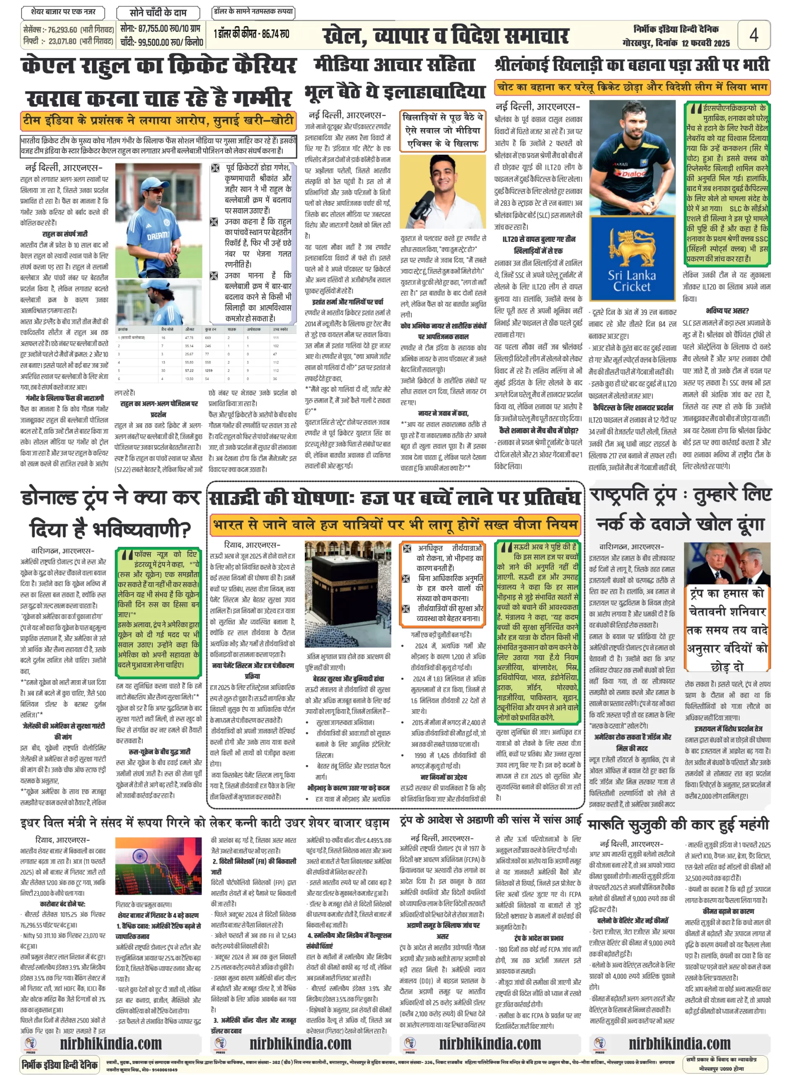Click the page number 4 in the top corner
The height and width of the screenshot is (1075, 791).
pos(754,35)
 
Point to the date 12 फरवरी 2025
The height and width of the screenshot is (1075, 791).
pos(706,43)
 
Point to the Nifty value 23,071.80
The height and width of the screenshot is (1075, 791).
pos(63,41)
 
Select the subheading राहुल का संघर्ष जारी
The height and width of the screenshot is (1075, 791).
pos(65,233)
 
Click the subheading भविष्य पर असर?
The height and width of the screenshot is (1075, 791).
pos(727,311)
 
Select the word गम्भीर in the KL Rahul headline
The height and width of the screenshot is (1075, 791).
pos(263,99)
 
